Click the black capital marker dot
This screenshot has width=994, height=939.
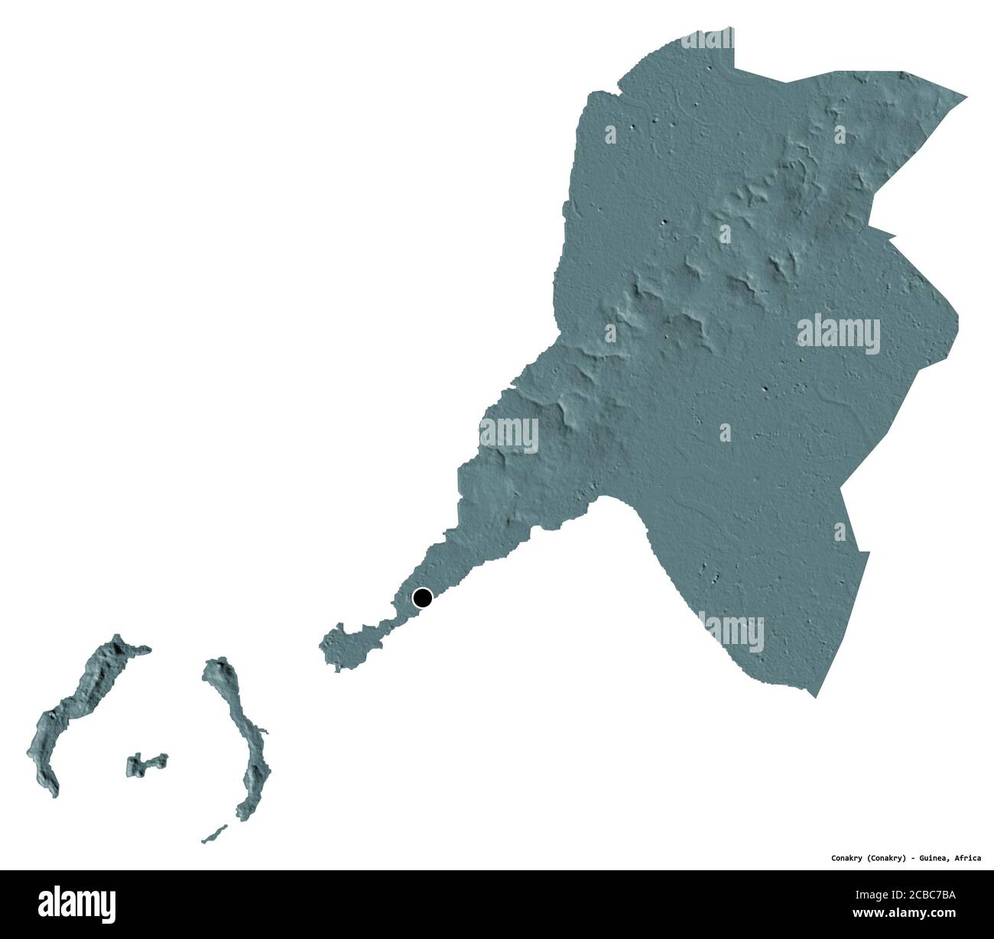pos(422,597)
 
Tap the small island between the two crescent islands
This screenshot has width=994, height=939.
pos(145,763)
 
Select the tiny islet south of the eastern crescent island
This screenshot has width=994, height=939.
pos(214,834)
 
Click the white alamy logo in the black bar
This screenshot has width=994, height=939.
pos(76,903)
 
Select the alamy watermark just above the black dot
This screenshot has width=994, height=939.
pos(508,433)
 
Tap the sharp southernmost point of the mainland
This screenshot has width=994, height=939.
pos(817,695)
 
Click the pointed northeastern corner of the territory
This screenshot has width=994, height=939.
pos(965,98)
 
